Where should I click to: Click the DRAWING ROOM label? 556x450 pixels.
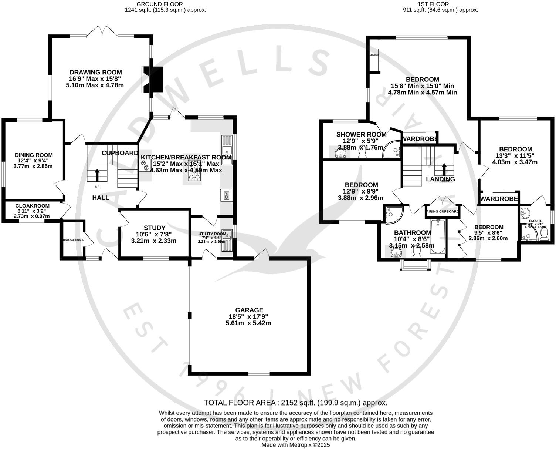[95, 73]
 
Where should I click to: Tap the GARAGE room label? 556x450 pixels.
[249, 310]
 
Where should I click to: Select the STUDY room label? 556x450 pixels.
[155, 228]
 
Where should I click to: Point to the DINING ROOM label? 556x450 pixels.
[34, 155]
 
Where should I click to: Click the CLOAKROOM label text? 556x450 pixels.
[33, 206]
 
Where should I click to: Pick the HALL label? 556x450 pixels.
[101, 198]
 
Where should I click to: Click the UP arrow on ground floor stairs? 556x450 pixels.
[97, 174]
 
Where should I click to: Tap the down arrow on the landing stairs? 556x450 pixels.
[444, 169]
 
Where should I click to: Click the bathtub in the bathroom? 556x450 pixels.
[438, 237]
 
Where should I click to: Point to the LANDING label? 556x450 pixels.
[440, 179]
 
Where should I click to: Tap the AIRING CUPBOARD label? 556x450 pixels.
[443, 212]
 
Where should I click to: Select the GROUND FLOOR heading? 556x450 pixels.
[165, 4]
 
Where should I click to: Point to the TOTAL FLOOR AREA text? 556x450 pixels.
[295, 403]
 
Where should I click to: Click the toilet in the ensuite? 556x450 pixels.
[544, 234]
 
